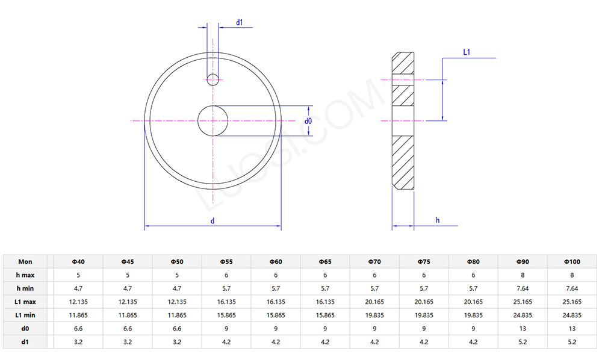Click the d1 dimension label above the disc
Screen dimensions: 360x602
[x=239, y=22]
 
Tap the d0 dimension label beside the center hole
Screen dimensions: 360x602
[x=308, y=121]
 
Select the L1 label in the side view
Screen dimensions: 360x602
[x=467, y=53]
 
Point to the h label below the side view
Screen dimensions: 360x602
[x=438, y=220]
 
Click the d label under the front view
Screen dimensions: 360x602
[x=213, y=221]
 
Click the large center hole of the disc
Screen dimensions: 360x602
[x=213, y=121]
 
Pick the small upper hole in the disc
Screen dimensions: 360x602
[x=213, y=78]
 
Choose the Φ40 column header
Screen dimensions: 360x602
[x=78, y=261]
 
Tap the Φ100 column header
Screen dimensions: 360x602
[x=572, y=261]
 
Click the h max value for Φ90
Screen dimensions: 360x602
[x=523, y=275]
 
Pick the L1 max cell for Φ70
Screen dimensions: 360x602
[x=374, y=302]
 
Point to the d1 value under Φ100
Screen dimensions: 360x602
[x=572, y=342]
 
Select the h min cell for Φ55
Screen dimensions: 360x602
[x=226, y=288]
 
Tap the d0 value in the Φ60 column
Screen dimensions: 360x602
[x=276, y=329]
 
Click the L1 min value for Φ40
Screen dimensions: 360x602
[x=78, y=315]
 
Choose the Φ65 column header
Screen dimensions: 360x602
[x=325, y=261]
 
